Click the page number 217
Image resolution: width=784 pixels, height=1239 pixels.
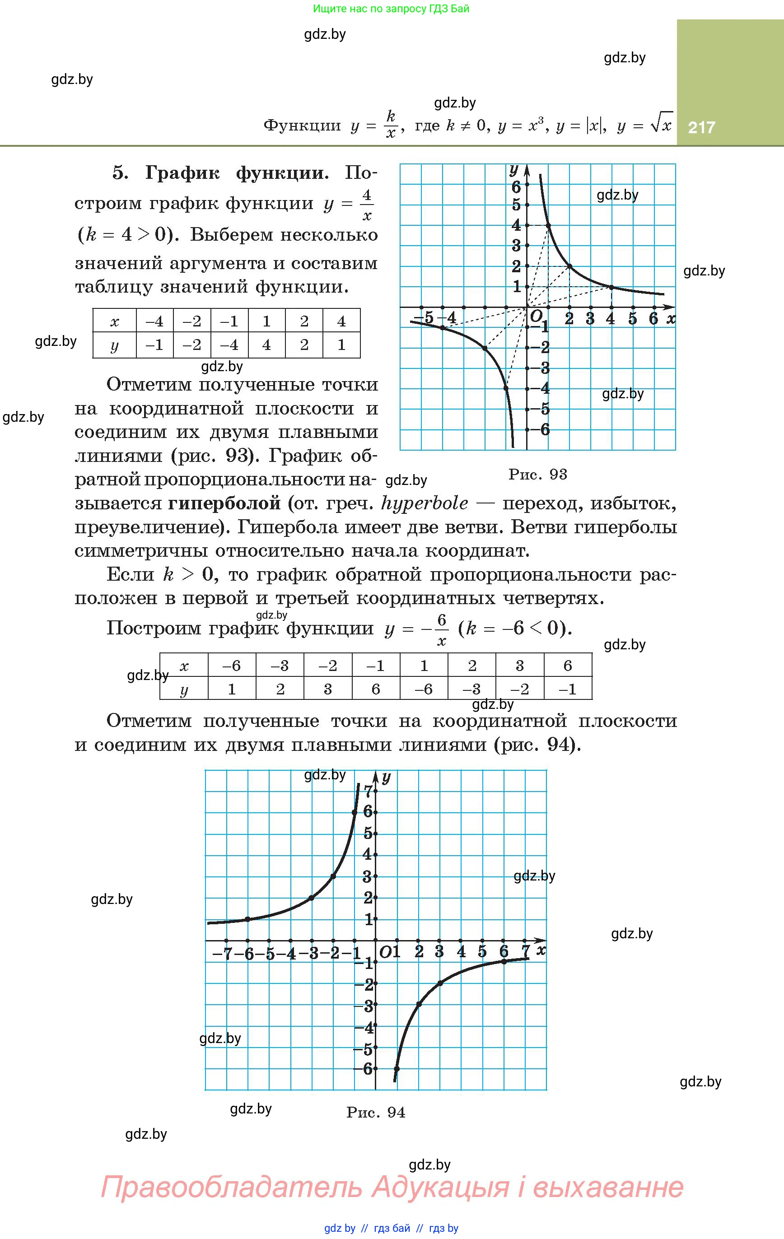[701, 127]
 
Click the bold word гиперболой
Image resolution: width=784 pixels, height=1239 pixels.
[224, 503]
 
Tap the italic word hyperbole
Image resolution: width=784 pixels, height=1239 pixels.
[425, 503]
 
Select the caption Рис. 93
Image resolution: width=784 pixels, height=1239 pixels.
[537, 474]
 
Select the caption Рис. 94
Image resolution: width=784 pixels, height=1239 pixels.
[376, 1113]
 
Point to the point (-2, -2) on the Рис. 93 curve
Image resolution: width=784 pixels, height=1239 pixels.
[485, 348]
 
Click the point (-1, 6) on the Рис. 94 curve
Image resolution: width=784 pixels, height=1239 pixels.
[355, 812]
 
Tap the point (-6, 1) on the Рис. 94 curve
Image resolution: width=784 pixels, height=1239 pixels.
[247, 919]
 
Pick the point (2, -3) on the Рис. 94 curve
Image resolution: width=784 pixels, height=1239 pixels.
[419, 1004]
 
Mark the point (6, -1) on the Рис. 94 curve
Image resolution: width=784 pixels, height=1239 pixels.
[504, 961]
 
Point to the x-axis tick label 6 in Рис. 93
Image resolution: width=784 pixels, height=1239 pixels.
[653, 319]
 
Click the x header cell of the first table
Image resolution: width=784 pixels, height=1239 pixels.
[114, 321]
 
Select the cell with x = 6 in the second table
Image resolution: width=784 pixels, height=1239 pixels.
[568, 666]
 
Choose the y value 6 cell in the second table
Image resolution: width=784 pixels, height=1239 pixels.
[376, 689]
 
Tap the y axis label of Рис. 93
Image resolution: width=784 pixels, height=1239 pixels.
[513, 170]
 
